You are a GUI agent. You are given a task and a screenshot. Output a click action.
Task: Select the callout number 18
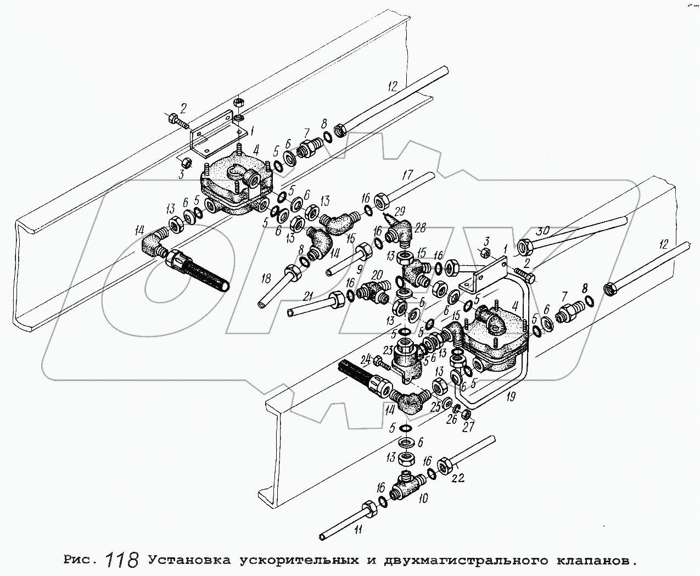[266, 279]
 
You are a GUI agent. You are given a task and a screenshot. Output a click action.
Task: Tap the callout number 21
[309, 295]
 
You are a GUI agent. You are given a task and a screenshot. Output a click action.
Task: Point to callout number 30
[542, 230]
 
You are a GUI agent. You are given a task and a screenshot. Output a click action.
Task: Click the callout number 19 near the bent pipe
[512, 396]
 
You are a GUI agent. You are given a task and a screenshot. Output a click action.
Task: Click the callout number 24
[365, 360]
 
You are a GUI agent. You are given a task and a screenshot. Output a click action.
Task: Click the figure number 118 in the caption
[123, 560]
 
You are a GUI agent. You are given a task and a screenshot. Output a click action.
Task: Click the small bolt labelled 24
[382, 362]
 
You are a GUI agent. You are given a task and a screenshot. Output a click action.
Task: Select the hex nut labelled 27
[464, 413]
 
